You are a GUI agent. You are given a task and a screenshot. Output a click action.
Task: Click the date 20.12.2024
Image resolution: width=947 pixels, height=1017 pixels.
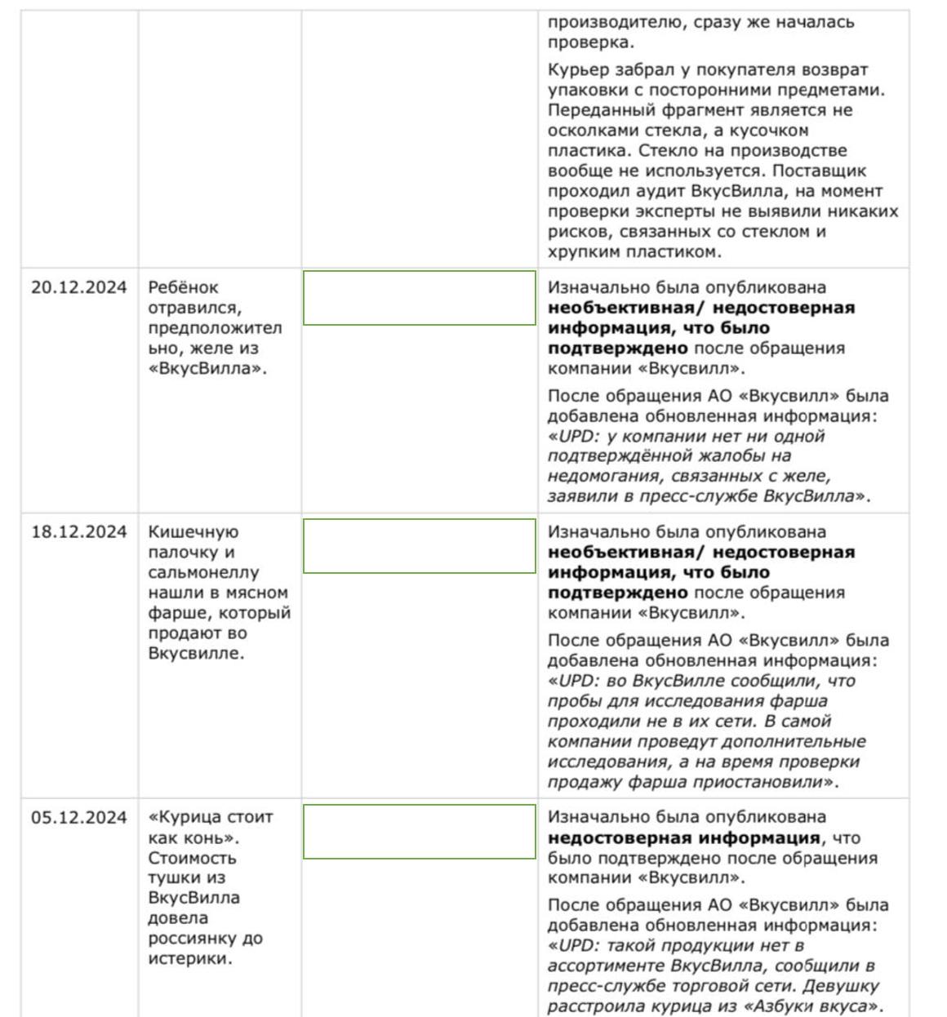click(x=78, y=287)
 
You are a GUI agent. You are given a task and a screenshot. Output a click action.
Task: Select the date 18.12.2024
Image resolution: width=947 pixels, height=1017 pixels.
click(x=78, y=532)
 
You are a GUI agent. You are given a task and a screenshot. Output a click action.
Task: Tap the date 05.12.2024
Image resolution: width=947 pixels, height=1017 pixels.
click(x=78, y=817)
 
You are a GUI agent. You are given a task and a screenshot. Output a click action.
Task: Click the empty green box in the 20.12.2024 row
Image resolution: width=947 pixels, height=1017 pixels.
click(x=419, y=298)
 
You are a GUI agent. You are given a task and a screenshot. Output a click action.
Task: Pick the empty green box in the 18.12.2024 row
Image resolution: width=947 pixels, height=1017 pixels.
click(x=419, y=546)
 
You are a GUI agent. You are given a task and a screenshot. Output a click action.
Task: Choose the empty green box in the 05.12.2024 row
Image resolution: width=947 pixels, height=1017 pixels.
click(x=419, y=832)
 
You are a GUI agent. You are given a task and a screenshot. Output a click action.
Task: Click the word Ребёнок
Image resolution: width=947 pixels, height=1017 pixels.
click(x=183, y=287)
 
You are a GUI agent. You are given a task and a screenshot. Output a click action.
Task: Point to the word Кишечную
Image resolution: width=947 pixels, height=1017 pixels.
click(x=193, y=532)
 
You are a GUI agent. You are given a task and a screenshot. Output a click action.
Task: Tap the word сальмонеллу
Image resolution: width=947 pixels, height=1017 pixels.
click(x=203, y=573)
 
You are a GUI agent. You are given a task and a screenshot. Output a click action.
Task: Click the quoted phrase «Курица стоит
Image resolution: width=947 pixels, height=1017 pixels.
click(x=211, y=817)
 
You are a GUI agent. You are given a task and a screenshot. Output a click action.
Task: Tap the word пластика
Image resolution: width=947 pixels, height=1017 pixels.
click(x=589, y=151)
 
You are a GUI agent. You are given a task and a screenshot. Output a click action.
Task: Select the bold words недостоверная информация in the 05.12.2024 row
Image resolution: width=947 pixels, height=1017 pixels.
click(x=683, y=838)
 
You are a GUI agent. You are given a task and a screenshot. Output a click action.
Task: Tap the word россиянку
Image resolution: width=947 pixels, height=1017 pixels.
click(x=193, y=939)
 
